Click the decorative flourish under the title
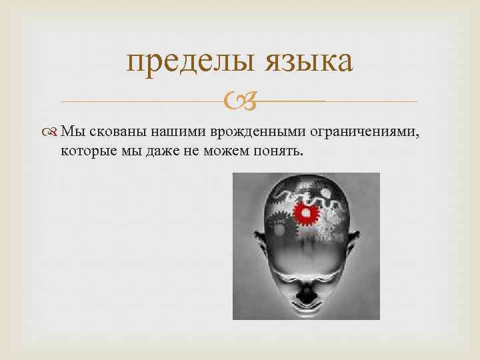[238, 101]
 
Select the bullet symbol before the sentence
[52, 133]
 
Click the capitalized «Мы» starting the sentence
[70, 133]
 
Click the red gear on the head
[307, 213]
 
